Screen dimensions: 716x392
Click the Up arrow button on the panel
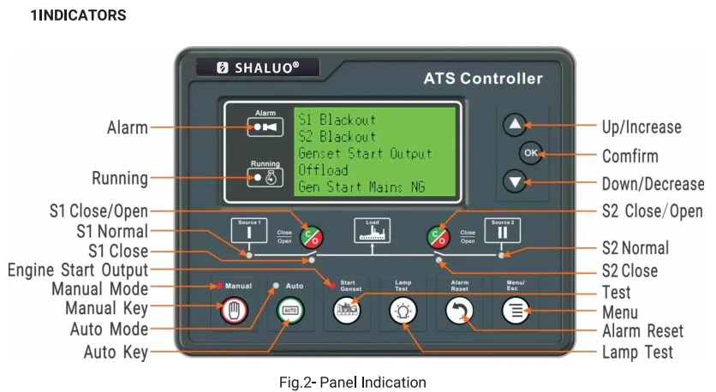pyautogui.click(x=515, y=125)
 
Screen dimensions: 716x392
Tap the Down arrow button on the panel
pyautogui.click(x=515, y=181)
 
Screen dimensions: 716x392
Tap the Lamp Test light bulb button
pyautogui.click(x=403, y=312)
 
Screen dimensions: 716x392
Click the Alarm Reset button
pyautogui.click(x=459, y=312)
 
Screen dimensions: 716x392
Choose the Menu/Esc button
pyautogui.click(x=516, y=312)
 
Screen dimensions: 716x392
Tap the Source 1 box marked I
pyautogui.click(x=248, y=233)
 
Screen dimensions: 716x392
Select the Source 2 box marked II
pyautogui.click(x=503, y=233)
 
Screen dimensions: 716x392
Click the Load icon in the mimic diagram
pyautogui.click(x=373, y=231)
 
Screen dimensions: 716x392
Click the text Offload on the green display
pyautogui.click(x=322, y=170)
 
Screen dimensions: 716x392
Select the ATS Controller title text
pyautogui.click(x=483, y=79)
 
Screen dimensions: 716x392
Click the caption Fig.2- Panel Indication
pyautogui.click(x=352, y=381)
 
